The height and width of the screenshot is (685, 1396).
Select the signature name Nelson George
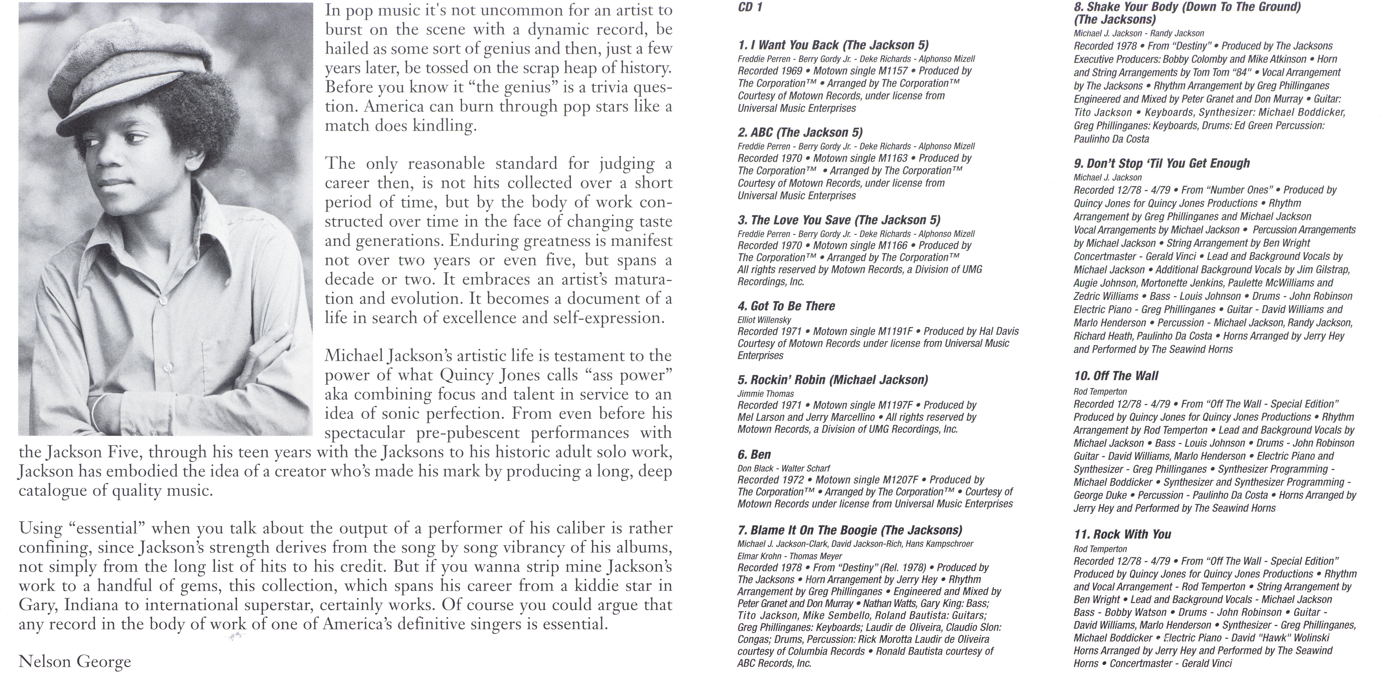(75, 662)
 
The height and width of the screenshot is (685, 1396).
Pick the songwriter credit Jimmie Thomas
(765, 394)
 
